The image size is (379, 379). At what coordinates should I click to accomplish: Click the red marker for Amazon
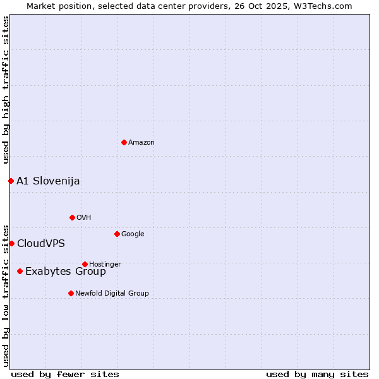click(x=124, y=142)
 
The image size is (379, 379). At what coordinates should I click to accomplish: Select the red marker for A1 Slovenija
click(x=11, y=181)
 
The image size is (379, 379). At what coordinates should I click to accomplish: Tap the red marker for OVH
click(x=72, y=217)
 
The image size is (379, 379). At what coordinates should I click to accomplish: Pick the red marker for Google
click(x=117, y=234)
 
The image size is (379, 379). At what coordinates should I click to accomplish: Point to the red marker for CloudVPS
click(x=11, y=243)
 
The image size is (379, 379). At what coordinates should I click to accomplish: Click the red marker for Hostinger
click(x=85, y=264)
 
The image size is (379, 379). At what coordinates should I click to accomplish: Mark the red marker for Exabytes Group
click(x=20, y=271)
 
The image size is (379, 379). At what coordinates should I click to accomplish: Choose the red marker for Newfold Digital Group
click(x=71, y=293)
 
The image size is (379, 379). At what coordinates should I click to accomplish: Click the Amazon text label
click(x=141, y=142)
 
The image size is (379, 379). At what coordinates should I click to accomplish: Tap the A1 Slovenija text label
click(x=48, y=181)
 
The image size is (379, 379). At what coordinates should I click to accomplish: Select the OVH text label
click(x=84, y=217)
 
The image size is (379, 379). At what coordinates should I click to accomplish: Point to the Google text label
click(x=133, y=234)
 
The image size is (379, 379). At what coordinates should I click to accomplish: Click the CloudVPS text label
click(x=40, y=244)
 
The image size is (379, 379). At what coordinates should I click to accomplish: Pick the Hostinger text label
click(x=105, y=264)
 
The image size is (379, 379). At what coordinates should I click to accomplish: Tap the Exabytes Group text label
click(x=66, y=272)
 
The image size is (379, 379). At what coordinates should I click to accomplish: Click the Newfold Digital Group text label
click(x=112, y=293)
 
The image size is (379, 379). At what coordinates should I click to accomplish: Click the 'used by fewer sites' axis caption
click(x=65, y=374)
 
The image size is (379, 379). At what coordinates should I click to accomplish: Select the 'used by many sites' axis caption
click(x=317, y=374)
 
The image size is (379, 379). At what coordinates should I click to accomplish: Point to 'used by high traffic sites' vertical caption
click(x=6, y=90)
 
